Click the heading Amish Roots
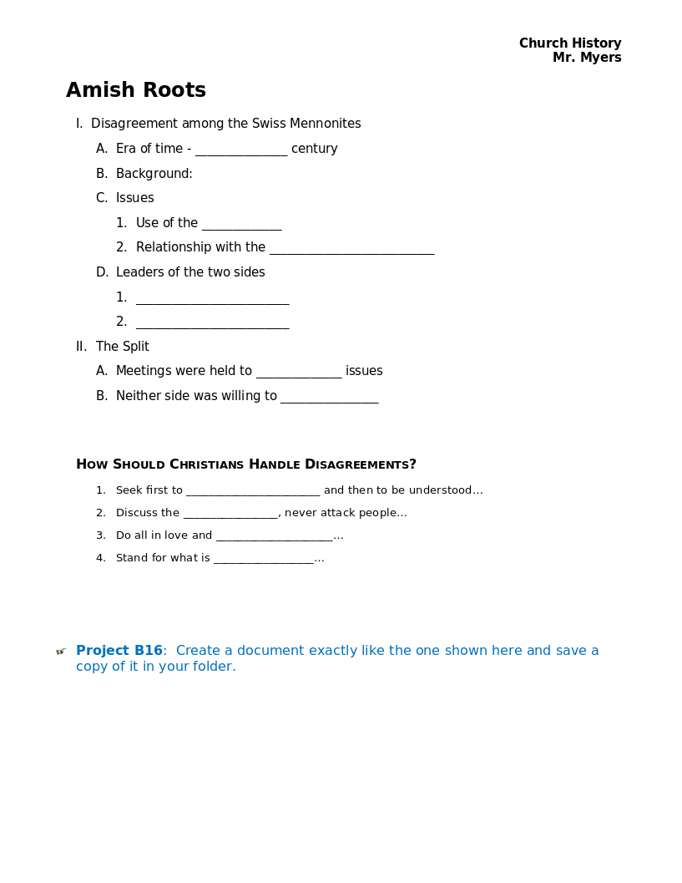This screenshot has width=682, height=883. coord(136,90)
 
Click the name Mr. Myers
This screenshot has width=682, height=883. coord(587,58)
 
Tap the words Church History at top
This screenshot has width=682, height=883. coord(570,43)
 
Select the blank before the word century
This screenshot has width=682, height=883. coord(241,150)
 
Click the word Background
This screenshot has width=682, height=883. coord(154,174)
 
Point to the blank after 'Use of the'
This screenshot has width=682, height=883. coord(241,225)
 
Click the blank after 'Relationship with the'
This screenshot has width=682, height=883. coord(351,249)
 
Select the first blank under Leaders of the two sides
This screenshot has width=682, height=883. coord(212,298)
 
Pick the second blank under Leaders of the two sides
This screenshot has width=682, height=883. coord(212,323)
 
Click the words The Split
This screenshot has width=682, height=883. coord(123,347)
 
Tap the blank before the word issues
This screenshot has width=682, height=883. coord(299,373)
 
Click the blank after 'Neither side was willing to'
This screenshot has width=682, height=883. coord(329,398)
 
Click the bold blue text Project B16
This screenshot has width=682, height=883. coord(119,651)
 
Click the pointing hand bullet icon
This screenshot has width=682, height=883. coord(61,652)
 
